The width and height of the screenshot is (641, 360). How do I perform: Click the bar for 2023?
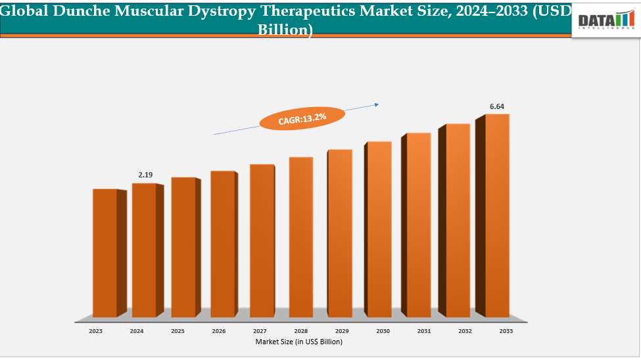(x=105, y=253)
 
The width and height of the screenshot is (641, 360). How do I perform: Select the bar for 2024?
(x=144, y=250)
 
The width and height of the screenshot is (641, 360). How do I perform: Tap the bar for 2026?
(x=222, y=244)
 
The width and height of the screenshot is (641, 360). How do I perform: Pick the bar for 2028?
(x=301, y=236)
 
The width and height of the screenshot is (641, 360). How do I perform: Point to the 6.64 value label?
(x=497, y=106)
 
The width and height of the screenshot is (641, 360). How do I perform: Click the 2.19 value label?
(x=145, y=175)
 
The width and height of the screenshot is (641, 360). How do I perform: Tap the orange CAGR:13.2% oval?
(x=302, y=118)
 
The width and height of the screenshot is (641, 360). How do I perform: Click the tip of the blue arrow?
(x=379, y=104)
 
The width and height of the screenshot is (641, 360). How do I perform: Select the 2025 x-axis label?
(x=178, y=331)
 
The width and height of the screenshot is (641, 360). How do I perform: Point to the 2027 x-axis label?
(x=260, y=331)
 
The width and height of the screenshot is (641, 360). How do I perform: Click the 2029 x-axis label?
(x=342, y=331)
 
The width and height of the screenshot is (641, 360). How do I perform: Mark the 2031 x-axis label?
(x=424, y=331)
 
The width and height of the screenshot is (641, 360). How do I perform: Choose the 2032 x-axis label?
(x=465, y=331)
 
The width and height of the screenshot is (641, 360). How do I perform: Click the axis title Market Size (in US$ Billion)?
(x=299, y=342)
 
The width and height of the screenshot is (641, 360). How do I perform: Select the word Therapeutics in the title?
(x=312, y=11)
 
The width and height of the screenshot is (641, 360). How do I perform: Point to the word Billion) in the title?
(x=285, y=30)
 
